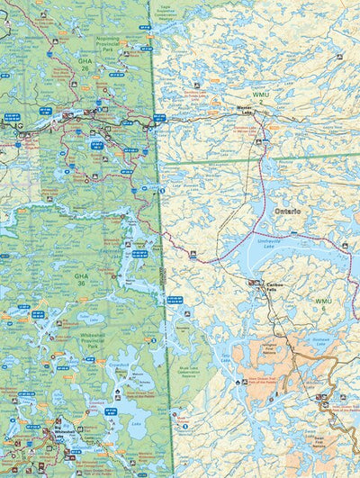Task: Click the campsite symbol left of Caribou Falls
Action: (251, 283)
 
